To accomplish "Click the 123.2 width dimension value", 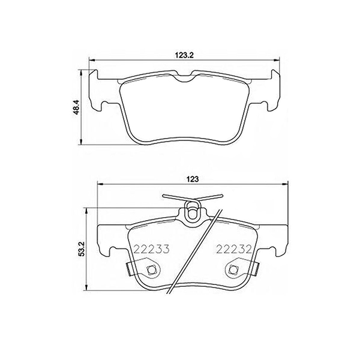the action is pos(185,55).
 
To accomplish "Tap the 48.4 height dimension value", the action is pos(76,107).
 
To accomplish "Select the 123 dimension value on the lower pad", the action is pos(193,179).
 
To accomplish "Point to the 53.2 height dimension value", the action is pos(82,248).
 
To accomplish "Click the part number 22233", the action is pos(151,248).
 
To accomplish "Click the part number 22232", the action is pos(235,248).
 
